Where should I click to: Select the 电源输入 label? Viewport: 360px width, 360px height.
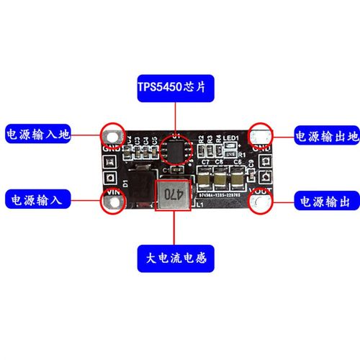point(37,199)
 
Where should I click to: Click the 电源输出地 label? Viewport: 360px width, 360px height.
point(326,135)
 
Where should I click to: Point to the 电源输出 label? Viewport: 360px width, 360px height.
point(326,199)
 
